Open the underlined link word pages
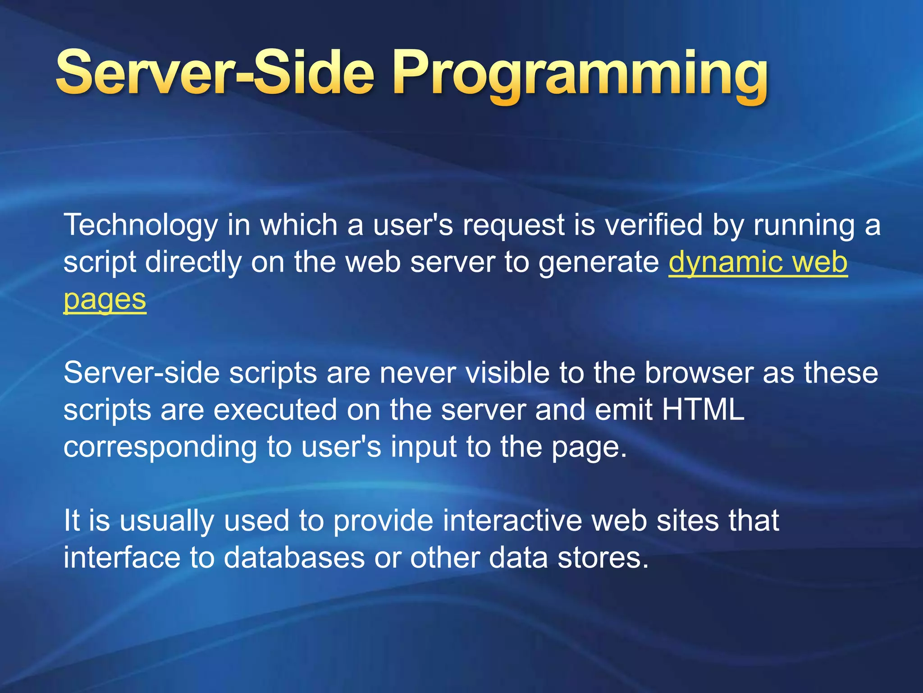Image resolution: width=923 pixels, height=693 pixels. [x=105, y=300]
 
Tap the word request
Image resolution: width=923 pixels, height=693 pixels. [x=513, y=226]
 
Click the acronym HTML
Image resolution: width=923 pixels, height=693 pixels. [x=703, y=410]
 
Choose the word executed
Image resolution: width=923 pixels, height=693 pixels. [x=275, y=410]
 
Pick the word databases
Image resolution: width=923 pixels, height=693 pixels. [x=294, y=558]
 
